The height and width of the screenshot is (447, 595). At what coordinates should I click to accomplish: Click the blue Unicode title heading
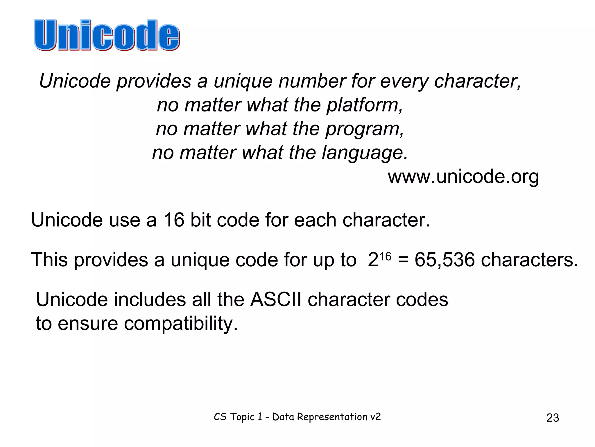(107, 35)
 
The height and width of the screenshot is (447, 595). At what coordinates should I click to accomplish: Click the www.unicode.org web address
(463, 177)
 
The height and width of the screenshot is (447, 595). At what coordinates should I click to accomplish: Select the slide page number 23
(553, 418)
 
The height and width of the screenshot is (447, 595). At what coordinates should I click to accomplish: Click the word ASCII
(276, 299)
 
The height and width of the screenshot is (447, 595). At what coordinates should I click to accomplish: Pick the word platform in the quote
(364, 105)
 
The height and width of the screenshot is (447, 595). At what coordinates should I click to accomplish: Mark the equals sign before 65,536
(403, 260)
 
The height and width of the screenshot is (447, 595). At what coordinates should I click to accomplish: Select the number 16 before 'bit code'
(174, 220)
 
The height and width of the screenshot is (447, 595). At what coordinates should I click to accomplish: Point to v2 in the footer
(375, 417)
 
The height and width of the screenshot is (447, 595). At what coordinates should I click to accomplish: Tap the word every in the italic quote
(404, 81)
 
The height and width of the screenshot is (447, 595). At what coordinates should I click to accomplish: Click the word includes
(150, 299)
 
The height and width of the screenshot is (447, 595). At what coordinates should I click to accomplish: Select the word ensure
(88, 324)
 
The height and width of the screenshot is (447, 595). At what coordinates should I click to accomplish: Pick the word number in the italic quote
(312, 81)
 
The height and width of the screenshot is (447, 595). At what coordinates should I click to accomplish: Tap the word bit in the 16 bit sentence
(200, 220)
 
